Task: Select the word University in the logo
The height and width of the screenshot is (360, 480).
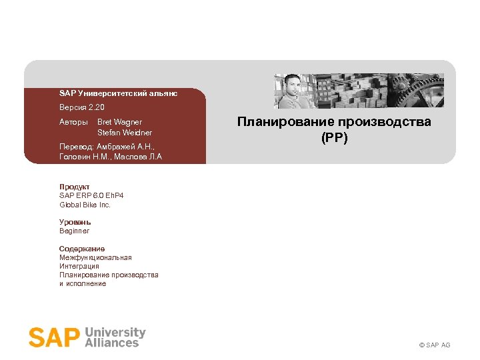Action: click(115, 331)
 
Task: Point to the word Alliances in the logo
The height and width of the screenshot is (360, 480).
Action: click(113, 342)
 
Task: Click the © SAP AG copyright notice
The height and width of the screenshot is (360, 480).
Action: click(434, 345)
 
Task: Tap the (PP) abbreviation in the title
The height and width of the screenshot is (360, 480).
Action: click(334, 137)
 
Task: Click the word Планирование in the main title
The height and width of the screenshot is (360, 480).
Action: click(287, 122)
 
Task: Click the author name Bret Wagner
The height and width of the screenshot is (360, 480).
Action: click(119, 122)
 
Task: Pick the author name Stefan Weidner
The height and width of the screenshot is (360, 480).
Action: click(125, 133)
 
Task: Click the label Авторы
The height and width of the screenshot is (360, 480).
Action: click(73, 122)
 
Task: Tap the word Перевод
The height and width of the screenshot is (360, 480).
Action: click(76, 146)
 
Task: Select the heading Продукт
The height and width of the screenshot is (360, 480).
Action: click(74, 187)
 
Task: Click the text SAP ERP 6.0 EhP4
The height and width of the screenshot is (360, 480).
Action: click(91, 195)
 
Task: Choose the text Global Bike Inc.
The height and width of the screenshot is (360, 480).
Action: click(85, 205)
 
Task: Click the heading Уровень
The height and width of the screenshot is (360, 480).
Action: click(75, 222)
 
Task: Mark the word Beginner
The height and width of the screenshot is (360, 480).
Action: click(74, 231)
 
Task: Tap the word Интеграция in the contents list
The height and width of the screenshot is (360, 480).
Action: click(79, 266)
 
